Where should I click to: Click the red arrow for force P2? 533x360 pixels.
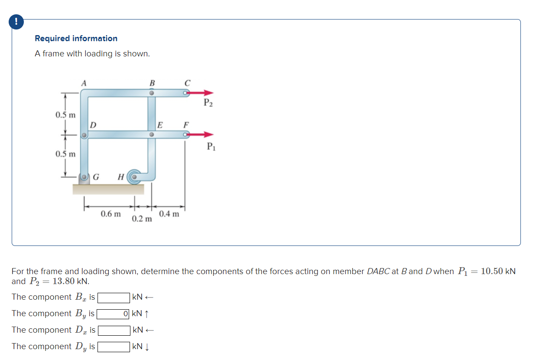[x=201, y=92]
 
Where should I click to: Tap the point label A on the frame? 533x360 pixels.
[x=84, y=82]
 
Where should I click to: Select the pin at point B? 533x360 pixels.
[x=152, y=92]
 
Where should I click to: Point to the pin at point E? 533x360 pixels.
[x=152, y=135]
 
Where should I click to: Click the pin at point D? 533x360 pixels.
[x=84, y=135]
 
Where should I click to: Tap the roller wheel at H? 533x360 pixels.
[x=135, y=177]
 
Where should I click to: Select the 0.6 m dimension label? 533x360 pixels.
[x=110, y=214]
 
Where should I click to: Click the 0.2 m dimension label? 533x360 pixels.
[x=142, y=219]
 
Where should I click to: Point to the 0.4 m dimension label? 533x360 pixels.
[x=169, y=214]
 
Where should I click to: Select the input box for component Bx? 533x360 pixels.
[x=114, y=298]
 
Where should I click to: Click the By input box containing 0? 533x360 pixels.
[x=114, y=314]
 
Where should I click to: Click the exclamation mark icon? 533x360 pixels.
[x=16, y=22]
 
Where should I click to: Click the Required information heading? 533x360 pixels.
[x=76, y=38]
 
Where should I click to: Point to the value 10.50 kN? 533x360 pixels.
[x=498, y=272]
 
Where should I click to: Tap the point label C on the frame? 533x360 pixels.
[x=187, y=82]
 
